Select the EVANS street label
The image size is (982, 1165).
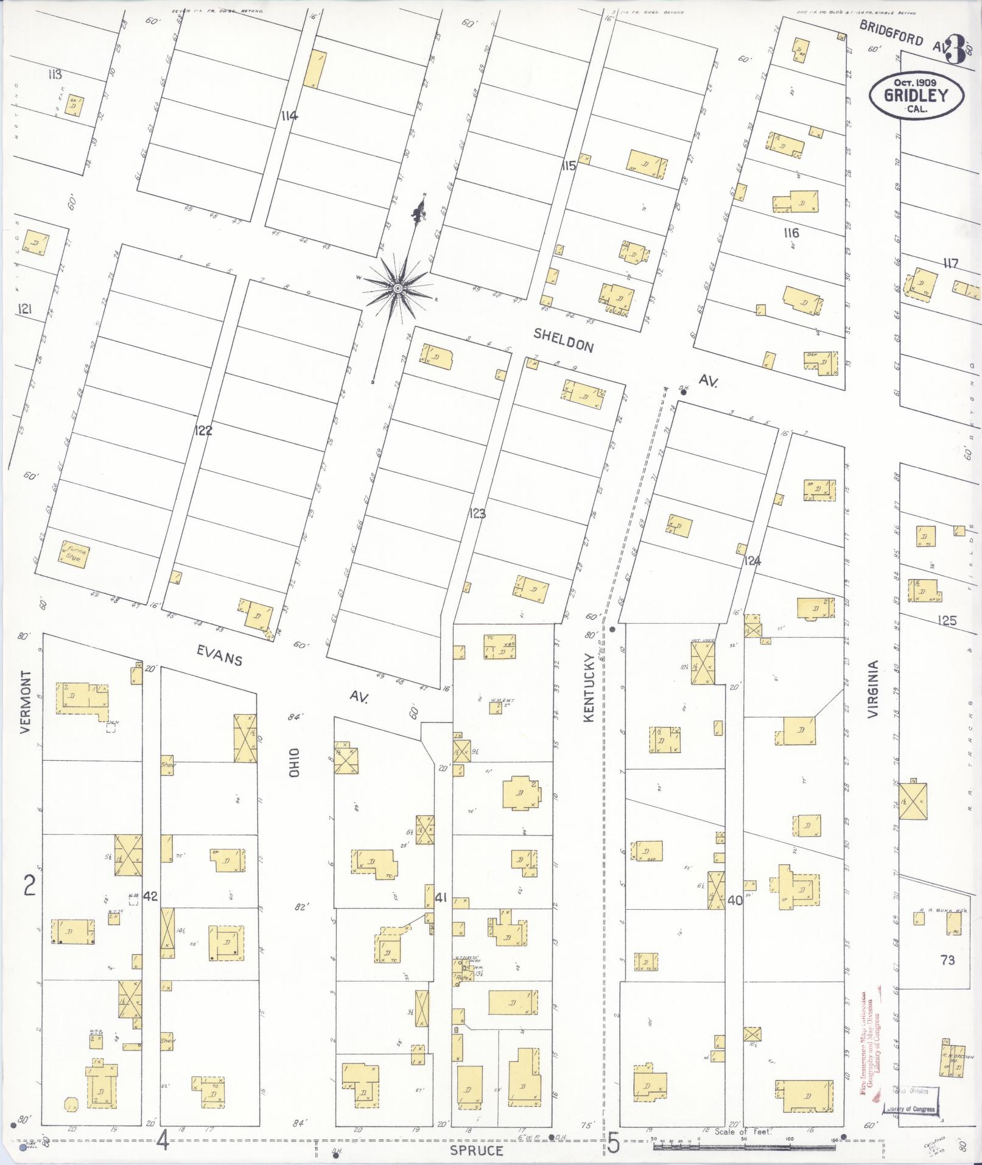[219, 656]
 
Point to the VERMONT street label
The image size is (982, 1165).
[26, 702]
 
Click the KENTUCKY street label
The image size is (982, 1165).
[588, 688]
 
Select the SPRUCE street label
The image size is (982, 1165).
[477, 1150]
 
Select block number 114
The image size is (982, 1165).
[289, 115]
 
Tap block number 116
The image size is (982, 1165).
[791, 233]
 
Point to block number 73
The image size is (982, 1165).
[947, 960]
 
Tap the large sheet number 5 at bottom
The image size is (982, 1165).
[613, 1144]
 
